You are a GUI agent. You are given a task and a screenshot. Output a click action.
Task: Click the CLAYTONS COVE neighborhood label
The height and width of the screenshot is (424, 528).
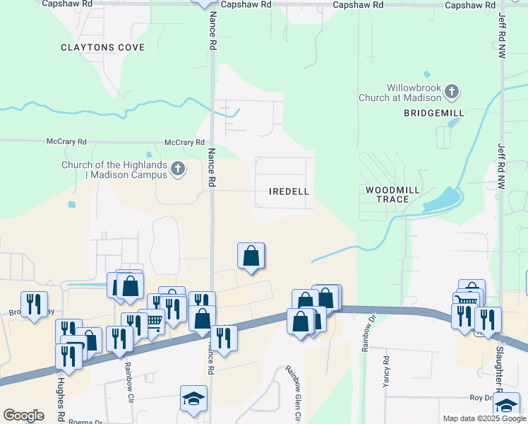tap(102, 48)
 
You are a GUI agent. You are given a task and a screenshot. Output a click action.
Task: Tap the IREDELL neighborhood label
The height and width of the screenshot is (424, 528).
tap(289, 192)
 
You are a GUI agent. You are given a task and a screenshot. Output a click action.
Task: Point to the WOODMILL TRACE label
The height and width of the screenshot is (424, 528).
tap(392, 195)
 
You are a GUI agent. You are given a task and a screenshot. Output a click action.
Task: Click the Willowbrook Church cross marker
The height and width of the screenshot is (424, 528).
tap(452, 91)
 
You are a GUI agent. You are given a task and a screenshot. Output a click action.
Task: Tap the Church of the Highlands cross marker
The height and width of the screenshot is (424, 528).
tap(178, 168)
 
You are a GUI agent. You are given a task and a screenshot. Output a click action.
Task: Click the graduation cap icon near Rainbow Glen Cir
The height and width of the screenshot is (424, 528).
tap(193, 399)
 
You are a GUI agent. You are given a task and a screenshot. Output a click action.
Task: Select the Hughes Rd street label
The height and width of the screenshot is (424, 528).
tap(61, 396)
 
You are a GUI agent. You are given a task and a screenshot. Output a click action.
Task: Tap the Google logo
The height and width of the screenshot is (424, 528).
tap(23, 416)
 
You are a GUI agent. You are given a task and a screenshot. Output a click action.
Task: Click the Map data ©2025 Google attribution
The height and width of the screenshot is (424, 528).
tap(484, 418)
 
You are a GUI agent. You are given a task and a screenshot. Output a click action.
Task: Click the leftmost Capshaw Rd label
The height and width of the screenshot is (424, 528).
tap(67, 4)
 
